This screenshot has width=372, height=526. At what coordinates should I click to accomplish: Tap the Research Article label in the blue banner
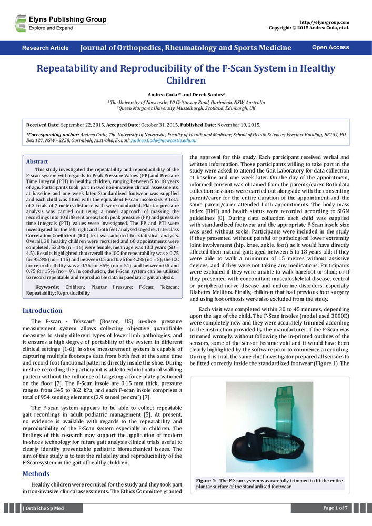click(x=45, y=48)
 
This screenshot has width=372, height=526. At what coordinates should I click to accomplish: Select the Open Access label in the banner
click(x=330, y=48)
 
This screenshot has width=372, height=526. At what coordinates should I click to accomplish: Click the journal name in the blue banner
click(x=186, y=48)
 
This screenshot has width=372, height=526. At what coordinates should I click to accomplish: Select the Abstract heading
click(x=37, y=161)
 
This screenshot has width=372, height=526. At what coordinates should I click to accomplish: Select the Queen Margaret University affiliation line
click(x=186, y=108)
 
